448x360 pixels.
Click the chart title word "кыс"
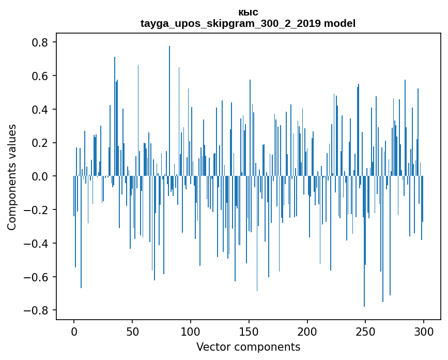pyautogui.click(x=248, y=12)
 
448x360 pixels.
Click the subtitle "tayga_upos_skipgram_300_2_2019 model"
pyautogui.click(x=248, y=24)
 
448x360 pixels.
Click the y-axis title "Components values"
pyautogui.click(x=12, y=177)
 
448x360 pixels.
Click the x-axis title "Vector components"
pyautogui.click(x=248, y=347)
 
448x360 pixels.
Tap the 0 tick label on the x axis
pyautogui.click(x=74, y=331)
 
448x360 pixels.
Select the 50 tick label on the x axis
pyautogui.click(x=132, y=331)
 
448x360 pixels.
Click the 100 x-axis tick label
pyautogui.click(x=191, y=331)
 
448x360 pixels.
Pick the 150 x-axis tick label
pyautogui.click(x=249, y=331)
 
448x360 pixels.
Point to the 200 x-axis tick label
pyautogui.click(x=307, y=331)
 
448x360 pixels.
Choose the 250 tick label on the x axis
pyautogui.click(x=366, y=331)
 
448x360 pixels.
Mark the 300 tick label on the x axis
pyautogui.click(x=424, y=331)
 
